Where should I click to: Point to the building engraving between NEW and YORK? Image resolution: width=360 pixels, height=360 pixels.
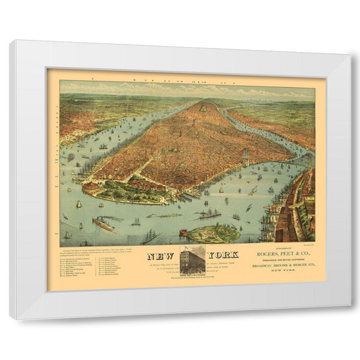192,260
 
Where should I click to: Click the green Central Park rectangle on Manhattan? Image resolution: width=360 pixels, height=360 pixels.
203,107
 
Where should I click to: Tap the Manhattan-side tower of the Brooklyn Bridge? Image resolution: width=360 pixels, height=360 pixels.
245,157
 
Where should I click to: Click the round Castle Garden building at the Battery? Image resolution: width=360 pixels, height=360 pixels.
89,187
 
